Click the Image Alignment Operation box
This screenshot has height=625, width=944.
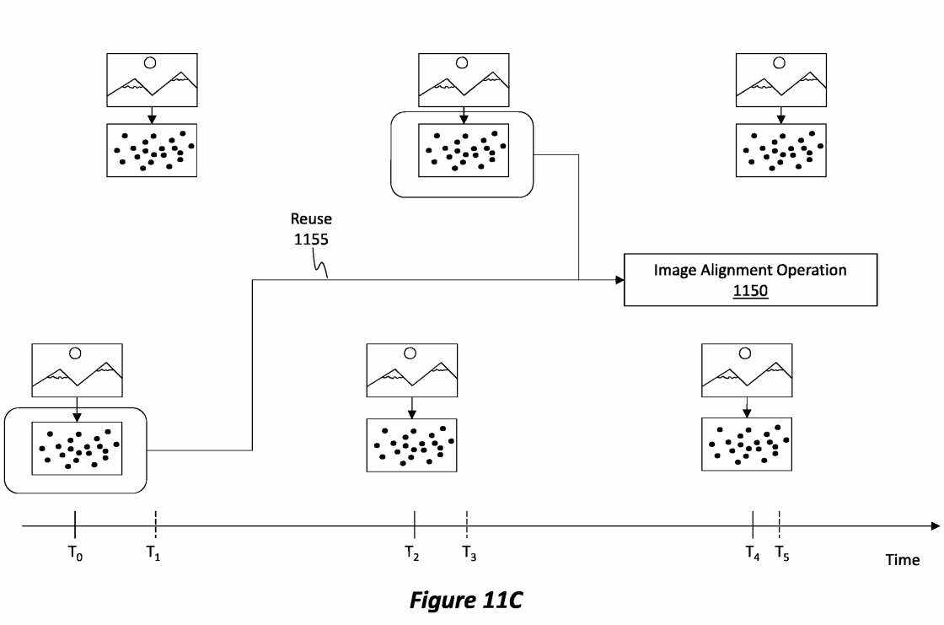pyautogui.click(x=750, y=279)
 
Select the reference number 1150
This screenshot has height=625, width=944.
pyautogui.click(x=750, y=292)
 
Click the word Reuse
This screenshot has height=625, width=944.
pyautogui.click(x=311, y=219)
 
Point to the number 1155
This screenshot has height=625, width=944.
pyautogui.click(x=311, y=239)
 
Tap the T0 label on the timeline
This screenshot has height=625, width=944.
pyautogui.click(x=75, y=554)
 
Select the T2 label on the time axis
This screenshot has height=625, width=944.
pyautogui.click(x=411, y=553)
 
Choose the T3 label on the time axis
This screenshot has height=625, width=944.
pyautogui.click(x=469, y=553)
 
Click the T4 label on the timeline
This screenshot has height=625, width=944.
pyautogui.click(x=752, y=553)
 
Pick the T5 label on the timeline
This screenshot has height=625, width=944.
pyautogui.click(x=782, y=553)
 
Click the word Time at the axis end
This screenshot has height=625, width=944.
pyautogui.click(x=902, y=560)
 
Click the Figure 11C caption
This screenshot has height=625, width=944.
pyautogui.click(x=466, y=601)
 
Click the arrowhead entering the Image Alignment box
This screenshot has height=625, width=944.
pyautogui.click(x=618, y=279)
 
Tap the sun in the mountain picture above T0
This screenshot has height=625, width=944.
pyautogui.click(x=76, y=353)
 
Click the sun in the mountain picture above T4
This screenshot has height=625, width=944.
pyautogui.click(x=746, y=353)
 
